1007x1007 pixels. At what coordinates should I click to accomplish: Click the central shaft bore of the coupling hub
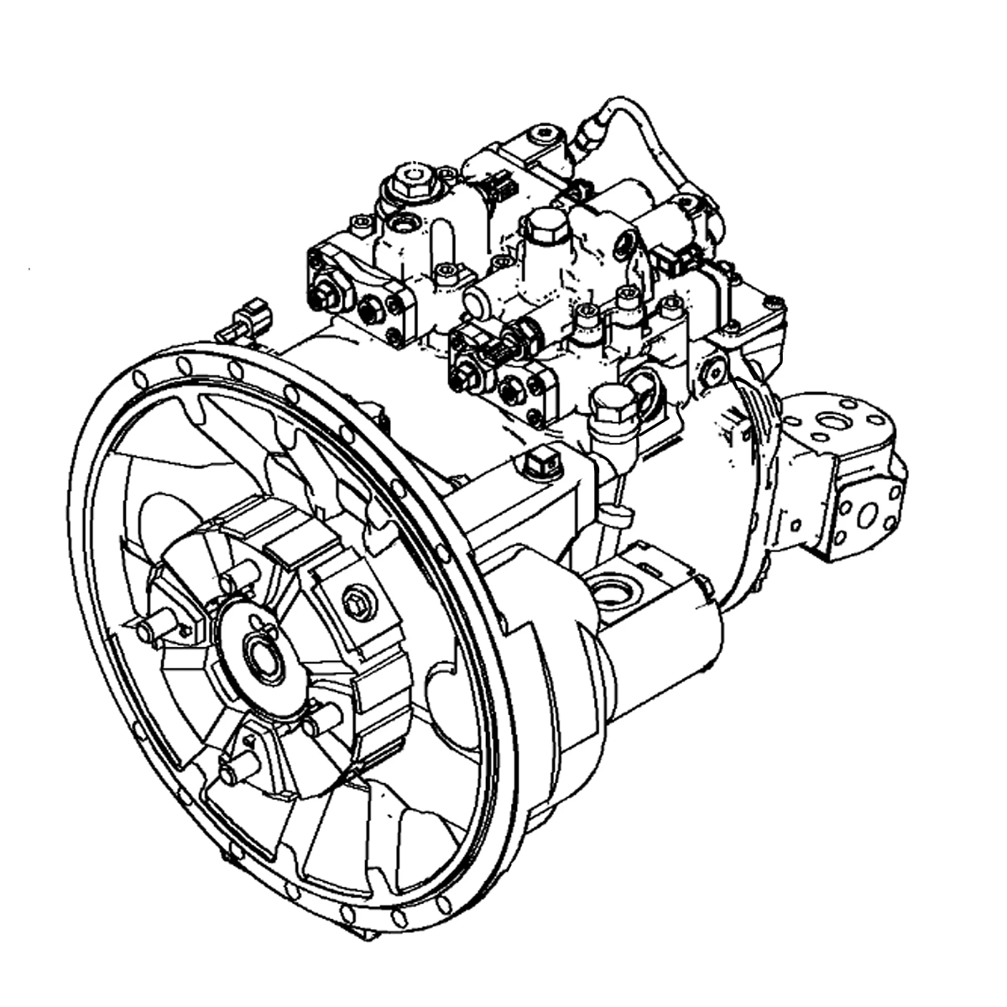pos(261,654)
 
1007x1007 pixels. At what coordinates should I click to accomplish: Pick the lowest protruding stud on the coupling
pos(238,765)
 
